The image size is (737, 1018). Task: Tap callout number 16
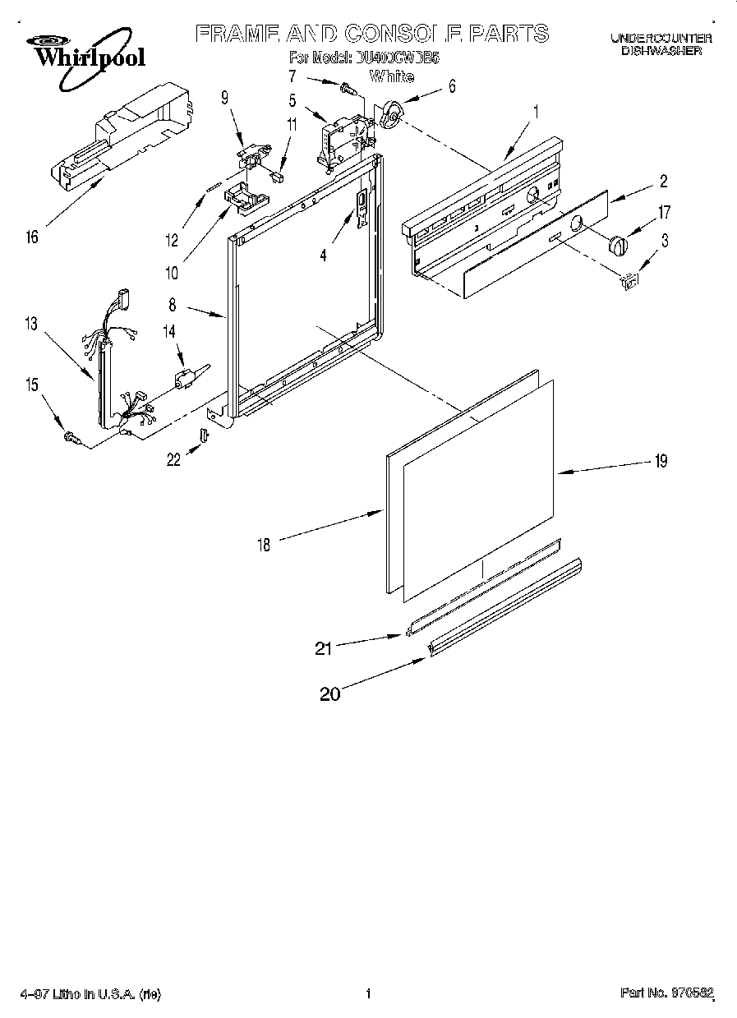click(x=32, y=238)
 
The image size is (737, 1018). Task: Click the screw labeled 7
click(x=348, y=85)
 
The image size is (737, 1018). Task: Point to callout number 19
click(x=660, y=461)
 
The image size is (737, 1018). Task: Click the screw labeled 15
click(x=71, y=440)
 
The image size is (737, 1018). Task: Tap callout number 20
click(x=329, y=694)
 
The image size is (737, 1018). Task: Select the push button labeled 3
click(x=629, y=281)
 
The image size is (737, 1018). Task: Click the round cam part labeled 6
click(x=393, y=117)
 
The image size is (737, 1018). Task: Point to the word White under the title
click(x=391, y=77)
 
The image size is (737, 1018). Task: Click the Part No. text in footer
click(x=665, y=995)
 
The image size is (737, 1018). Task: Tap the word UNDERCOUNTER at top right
click(x=660, y=39)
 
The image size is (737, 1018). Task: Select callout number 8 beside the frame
click(x=172, y=304)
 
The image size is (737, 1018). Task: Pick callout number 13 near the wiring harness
click(x=30, y=324)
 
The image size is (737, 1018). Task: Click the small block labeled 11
click(x=277, y=174)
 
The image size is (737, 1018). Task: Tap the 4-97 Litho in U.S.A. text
click(x=90, y=995)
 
